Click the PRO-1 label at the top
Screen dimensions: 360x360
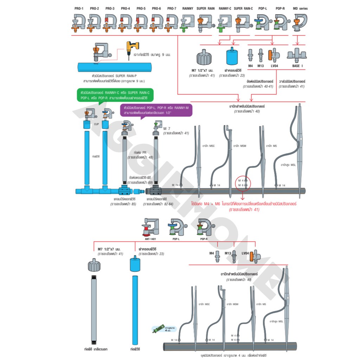(x=78, y=8)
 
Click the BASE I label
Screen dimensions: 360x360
(x=297, y=65)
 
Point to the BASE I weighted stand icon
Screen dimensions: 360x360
(x=297, y=54)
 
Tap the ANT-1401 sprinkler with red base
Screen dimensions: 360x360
(x=150, y=227)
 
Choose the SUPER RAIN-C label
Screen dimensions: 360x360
(x=243, y=8)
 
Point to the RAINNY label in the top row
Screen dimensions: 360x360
(x=188, y=8)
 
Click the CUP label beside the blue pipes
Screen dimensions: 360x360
(x=96, y=124)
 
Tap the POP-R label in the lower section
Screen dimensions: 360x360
(x=204, y=239)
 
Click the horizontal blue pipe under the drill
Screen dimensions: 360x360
(x=114, y=67)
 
